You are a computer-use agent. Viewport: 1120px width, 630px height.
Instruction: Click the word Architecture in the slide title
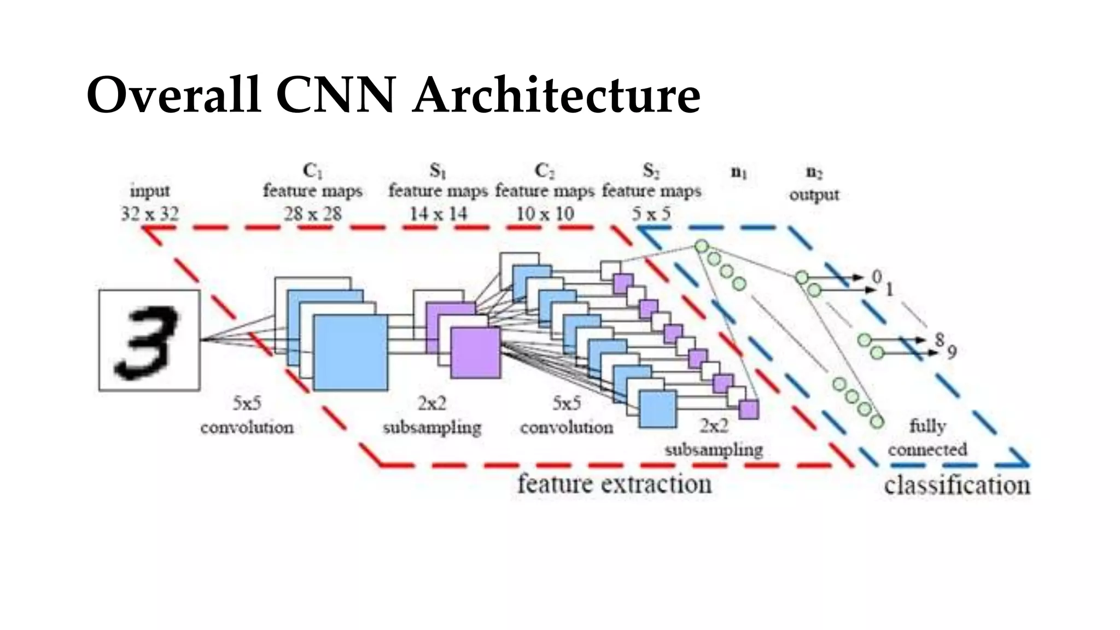[x=556, y=95]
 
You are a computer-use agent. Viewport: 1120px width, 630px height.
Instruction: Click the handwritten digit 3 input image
[x=149, y=340]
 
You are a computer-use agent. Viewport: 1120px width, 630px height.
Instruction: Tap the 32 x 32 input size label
[x=150, y=213]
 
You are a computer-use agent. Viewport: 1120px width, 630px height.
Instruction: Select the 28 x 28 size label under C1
[x=312, y=213]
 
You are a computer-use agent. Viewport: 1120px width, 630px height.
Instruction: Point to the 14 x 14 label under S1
[x=438, y=213]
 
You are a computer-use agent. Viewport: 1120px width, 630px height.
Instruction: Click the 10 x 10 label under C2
[x=545, y=213]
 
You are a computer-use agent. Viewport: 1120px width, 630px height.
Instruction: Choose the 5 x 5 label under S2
[x=651, y=213]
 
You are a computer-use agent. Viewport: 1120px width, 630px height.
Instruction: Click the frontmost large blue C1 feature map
[x=351, y=352]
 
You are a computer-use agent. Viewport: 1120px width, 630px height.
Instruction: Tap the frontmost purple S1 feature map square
[x=475, y=353]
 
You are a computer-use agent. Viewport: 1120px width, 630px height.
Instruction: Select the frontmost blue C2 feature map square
[x=657, y=409]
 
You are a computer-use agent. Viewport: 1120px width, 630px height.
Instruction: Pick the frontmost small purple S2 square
[x=748, y=409]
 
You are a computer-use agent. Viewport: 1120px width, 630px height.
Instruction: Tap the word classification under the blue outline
[x=956, y=486]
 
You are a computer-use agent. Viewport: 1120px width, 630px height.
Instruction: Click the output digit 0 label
[x=877, y=277]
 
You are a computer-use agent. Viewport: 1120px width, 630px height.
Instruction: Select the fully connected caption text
[x=927, y=437]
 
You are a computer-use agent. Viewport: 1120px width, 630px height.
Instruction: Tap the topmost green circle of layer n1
[x=701, y=247]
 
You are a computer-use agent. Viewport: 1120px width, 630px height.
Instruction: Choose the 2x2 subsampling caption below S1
[x=432, y=416]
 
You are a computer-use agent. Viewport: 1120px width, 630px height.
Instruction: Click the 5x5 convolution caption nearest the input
[x=247, y=416]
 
